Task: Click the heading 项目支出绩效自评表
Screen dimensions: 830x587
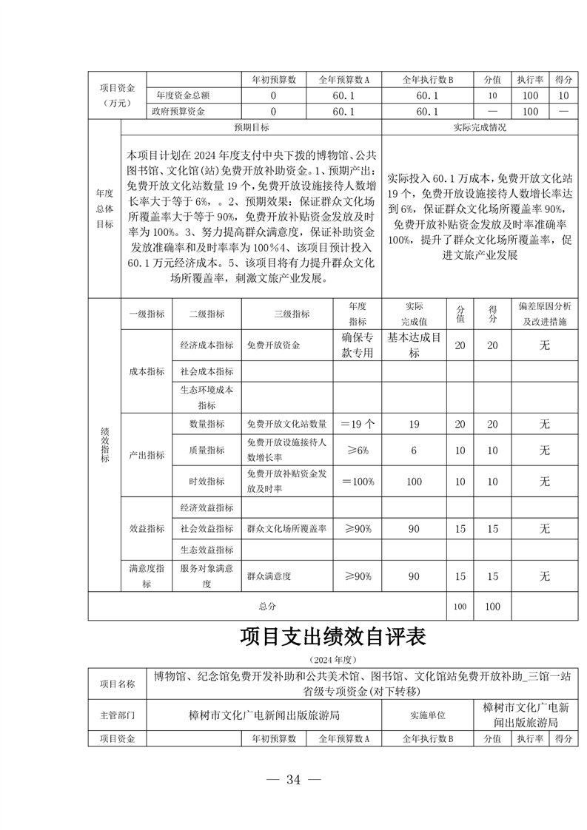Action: pyautogui.click(x=333, y=635)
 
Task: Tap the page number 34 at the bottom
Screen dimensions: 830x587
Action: pyautogui.click(x=294, y=779)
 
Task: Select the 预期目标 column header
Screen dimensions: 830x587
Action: pyautogui.click(x=252, y=127)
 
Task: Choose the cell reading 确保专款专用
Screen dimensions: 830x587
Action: pyautogui.click(x=358, y=345)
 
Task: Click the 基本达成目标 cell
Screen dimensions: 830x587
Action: pyautogui.click(x=414, y=345)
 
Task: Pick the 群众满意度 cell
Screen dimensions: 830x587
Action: pyautogui.click(x=269, y=576)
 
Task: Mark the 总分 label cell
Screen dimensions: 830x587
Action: pyautogui.click(x=267, y=606)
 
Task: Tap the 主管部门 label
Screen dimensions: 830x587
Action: pyautogui.click(x=118, y=715)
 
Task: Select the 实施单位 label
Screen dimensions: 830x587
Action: pyautogui.click(x=427, y=715)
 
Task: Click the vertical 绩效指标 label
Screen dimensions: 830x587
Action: pyautogui.click(x=104, y=444)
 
